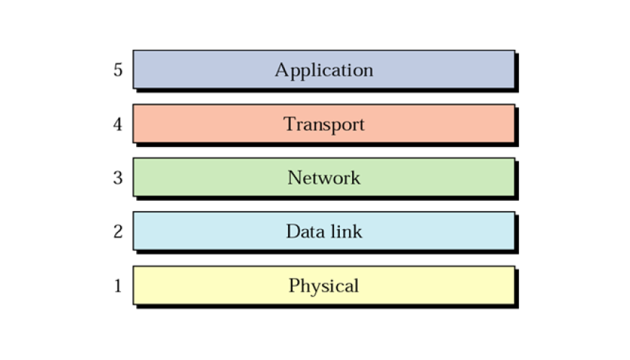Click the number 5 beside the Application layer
pos(118,70)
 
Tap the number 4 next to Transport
pos(117,124)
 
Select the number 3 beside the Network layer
pos(118,178)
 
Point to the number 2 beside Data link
pos(118,231)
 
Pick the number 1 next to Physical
pos(118,286)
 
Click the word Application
pos(324,71)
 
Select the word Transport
pos(324,125)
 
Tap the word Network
pos(324,178)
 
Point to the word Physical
pos(324,287)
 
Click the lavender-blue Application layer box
pos(324,70)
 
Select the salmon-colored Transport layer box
pos(324,123)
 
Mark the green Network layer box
pos(324,177)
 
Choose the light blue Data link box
pos(324,231)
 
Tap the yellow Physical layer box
pos(324,285)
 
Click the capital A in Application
pos(282,70)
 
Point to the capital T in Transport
pos(290,124)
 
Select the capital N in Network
pos(295,178)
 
